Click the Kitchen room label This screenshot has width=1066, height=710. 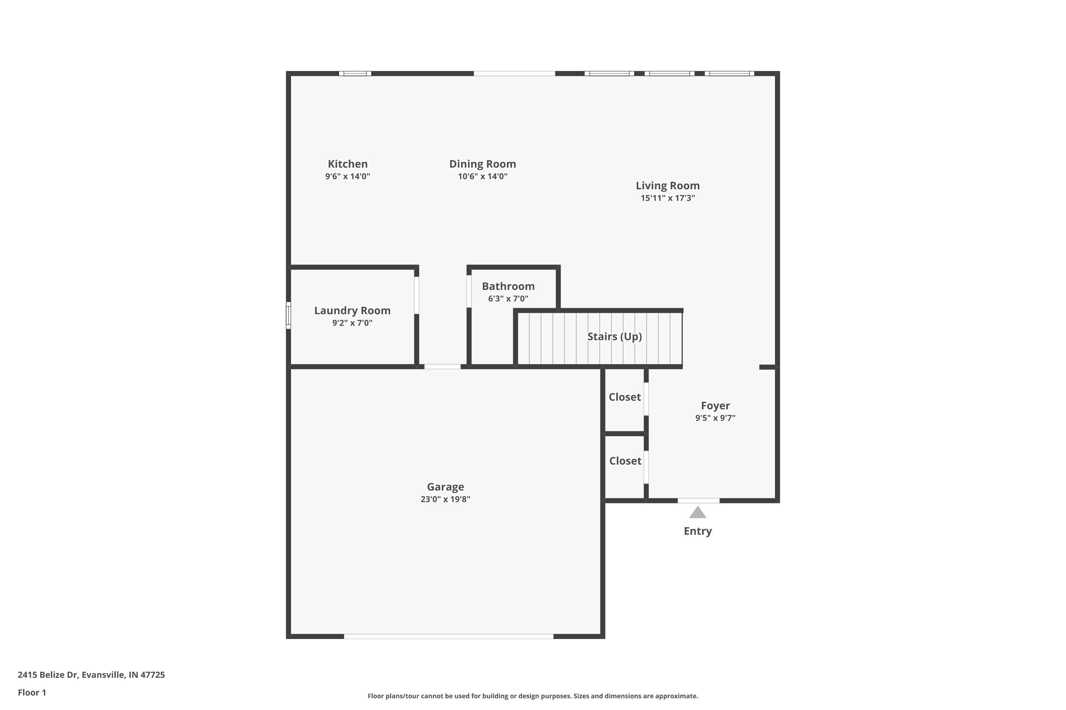click(x=348, y=164)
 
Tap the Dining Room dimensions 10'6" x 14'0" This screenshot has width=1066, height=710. click(x=483, y=176)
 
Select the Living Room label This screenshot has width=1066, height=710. click(x=668, y=186)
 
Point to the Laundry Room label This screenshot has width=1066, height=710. click(x=352, y=311)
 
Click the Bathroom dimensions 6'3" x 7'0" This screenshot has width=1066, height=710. click(x=508, y=299)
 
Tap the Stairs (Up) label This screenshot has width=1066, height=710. click(x=615, y=337)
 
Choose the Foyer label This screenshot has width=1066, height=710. click(x=715, y=406)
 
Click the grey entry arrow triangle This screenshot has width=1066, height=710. click(x=698, y=513)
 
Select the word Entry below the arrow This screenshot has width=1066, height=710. click(x=698, y=531)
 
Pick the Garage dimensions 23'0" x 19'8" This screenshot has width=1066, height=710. click(x=445, y=499)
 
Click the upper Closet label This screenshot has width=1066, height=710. click(x=625, y=397)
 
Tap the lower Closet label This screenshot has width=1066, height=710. click(x=625, y=461)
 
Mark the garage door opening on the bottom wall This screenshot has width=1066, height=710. click(x=449, y=636)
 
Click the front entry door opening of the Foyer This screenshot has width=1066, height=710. click(x=699, y=500)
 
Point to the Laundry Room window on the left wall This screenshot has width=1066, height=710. click(x=288, y=316)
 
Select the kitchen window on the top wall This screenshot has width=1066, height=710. click(x=355, y=73)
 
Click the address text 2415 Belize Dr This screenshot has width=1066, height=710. click(x=48, y=675)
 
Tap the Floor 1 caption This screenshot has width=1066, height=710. click(x=32, y=692)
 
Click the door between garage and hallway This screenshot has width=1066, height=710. click(x=442, y=366)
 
